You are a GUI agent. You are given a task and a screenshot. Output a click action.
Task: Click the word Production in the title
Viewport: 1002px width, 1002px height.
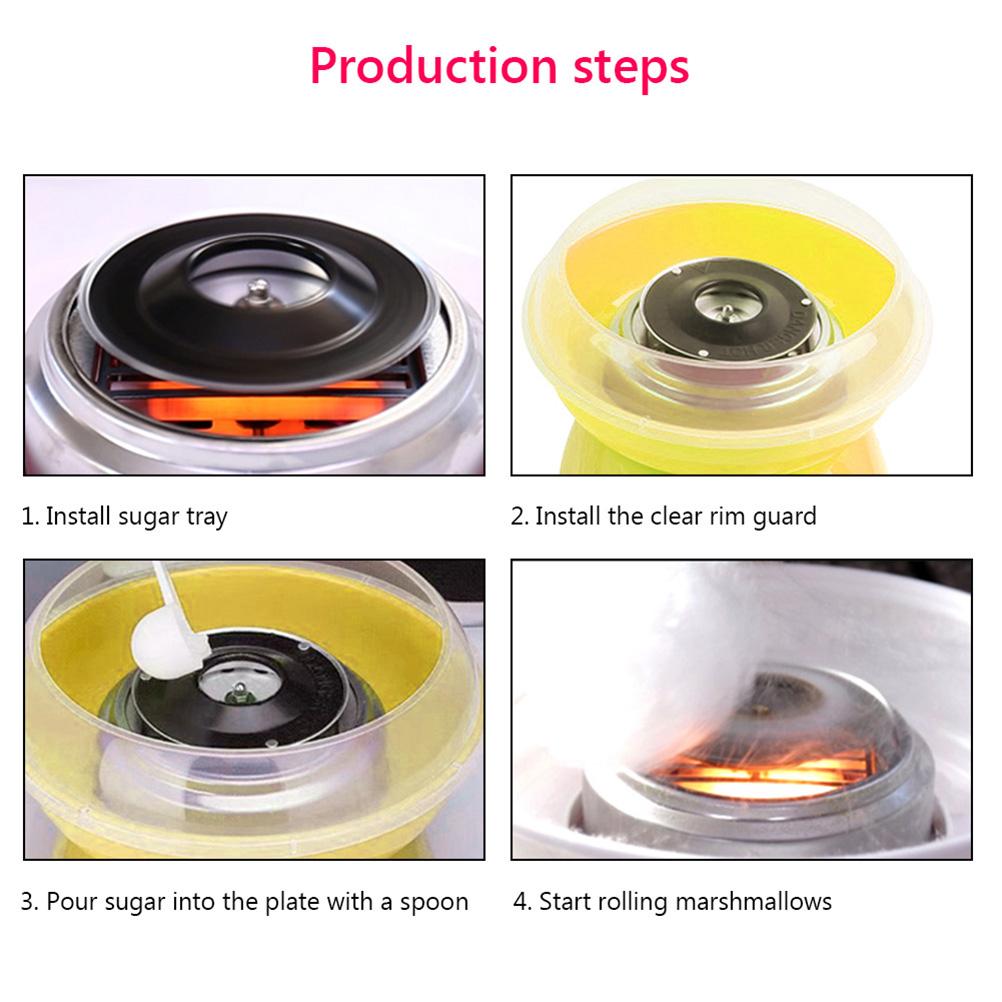coord(434,66)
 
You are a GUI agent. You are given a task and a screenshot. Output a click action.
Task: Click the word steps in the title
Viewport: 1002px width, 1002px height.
coord(631,69)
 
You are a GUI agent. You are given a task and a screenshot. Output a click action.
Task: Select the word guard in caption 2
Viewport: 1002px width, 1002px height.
coord(784,517)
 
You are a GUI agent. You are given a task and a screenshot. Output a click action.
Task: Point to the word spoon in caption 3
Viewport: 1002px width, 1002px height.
coord(434,903)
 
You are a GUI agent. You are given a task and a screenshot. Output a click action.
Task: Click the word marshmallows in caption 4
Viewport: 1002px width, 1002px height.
coord(753,901)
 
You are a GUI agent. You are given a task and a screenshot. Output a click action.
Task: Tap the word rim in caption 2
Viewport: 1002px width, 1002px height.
coord(727,516)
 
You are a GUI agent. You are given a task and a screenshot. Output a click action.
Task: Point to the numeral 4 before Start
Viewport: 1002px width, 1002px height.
coord(521,902)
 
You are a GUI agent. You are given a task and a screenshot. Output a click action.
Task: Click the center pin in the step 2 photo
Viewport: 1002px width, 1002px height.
coord(727,311)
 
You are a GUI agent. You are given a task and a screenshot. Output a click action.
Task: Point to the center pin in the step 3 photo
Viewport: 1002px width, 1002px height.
coord(239,691)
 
